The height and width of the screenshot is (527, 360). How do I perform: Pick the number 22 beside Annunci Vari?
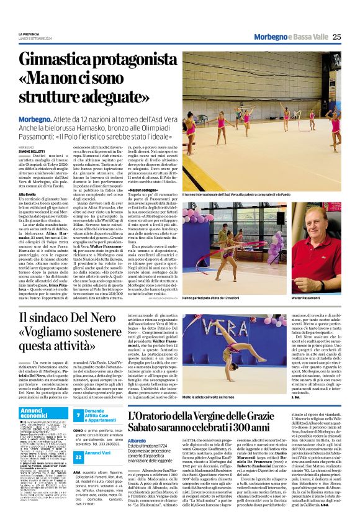tap(79, 455)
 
